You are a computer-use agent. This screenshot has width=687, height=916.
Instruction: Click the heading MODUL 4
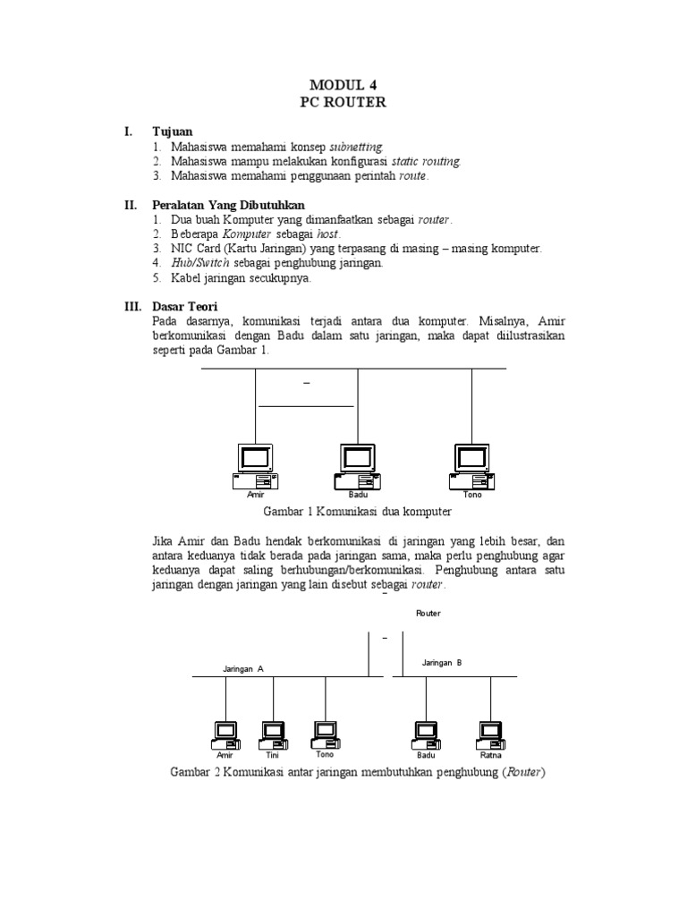[343, 84]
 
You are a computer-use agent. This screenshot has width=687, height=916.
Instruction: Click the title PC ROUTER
[343, 102]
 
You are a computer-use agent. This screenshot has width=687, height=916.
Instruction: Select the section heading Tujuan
[173, 131]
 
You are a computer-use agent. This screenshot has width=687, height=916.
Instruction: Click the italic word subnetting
[356, 146]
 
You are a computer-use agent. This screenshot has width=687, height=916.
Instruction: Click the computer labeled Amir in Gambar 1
[255, 466]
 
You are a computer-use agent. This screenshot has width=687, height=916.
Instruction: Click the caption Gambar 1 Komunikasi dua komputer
[357, 512]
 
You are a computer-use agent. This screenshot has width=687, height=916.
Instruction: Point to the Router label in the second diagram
[428, 614]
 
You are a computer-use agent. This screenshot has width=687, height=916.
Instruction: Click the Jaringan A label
[243, 668]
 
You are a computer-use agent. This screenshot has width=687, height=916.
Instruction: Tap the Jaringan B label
[442, 662]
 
